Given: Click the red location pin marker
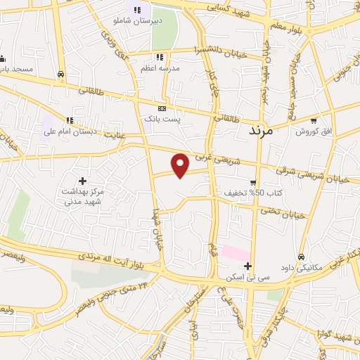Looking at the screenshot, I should click(181, 165).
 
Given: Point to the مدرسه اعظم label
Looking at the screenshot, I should click(162, 67).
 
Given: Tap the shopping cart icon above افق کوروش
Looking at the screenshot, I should click(314, 120).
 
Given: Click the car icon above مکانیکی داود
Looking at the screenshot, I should click(302, 257).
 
